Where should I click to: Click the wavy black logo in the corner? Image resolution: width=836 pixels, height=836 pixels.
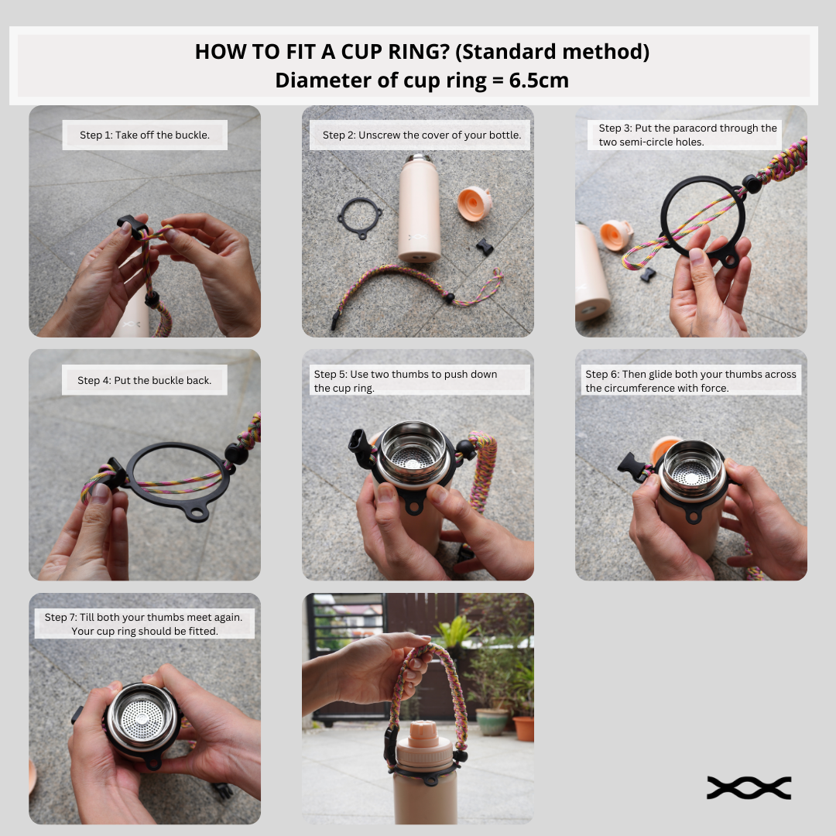click(749, 787)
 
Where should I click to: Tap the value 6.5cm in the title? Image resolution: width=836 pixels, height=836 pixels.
click(539, 81)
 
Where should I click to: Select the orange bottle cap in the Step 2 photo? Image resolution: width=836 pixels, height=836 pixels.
click(474, 203)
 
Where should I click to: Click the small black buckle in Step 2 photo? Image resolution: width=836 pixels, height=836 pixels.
click(485, 247)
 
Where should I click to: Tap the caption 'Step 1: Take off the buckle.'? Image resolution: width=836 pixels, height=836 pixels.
click(145, 135)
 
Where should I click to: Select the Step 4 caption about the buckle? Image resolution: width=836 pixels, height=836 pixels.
click(145, 380)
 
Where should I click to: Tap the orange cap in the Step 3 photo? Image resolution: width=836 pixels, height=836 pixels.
click(616, 235)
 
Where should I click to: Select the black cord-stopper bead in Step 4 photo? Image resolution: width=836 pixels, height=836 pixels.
click(235, 454)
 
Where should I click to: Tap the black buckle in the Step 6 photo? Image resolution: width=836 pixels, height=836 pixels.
click(633, 467)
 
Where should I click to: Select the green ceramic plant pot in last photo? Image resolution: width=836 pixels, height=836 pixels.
click(492, 721)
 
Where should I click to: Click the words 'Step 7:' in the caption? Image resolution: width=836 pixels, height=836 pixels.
click(60, 617)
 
